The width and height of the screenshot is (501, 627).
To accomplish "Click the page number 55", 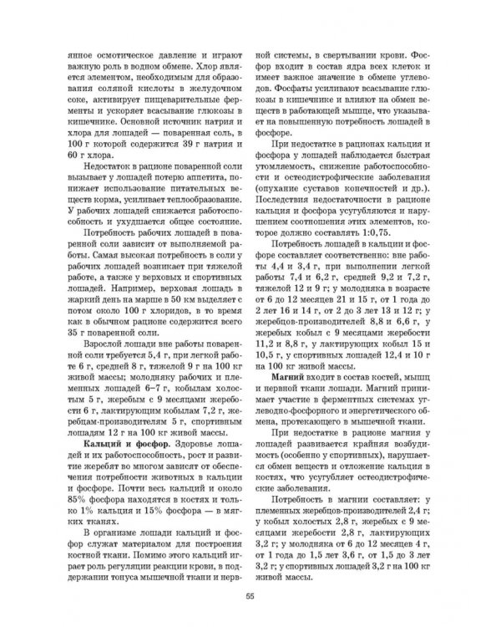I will pos(250,595).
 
